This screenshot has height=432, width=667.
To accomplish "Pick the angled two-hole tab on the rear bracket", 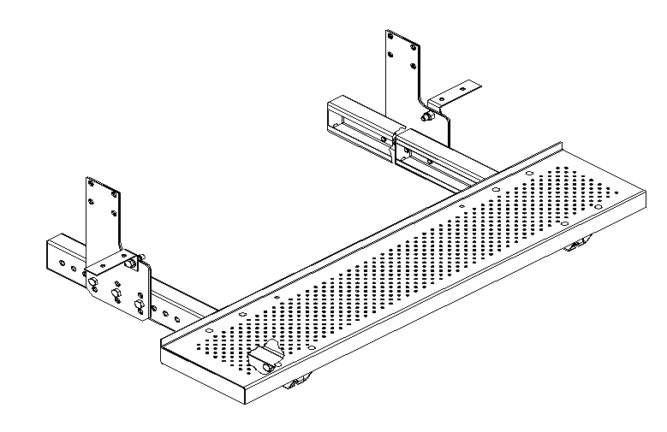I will (453, 93).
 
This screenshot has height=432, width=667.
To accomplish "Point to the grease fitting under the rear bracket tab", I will (427, 115).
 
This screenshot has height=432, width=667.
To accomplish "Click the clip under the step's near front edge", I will (296, 386).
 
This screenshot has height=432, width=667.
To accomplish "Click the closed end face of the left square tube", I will (61, 260).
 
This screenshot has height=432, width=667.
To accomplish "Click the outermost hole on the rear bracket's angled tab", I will (466, 86).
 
